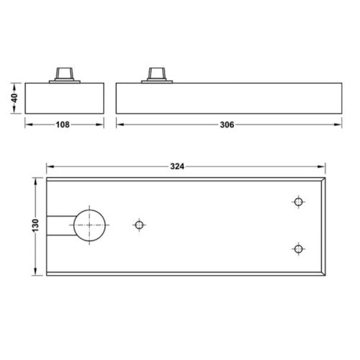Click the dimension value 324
(x=178, y=166)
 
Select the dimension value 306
(x=226, y=125)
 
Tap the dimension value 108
(x=63, y=125)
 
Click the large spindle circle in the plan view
(x=89, y=225)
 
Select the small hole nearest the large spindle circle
(x=139, y=225)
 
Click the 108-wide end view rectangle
(x=64, y=98)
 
